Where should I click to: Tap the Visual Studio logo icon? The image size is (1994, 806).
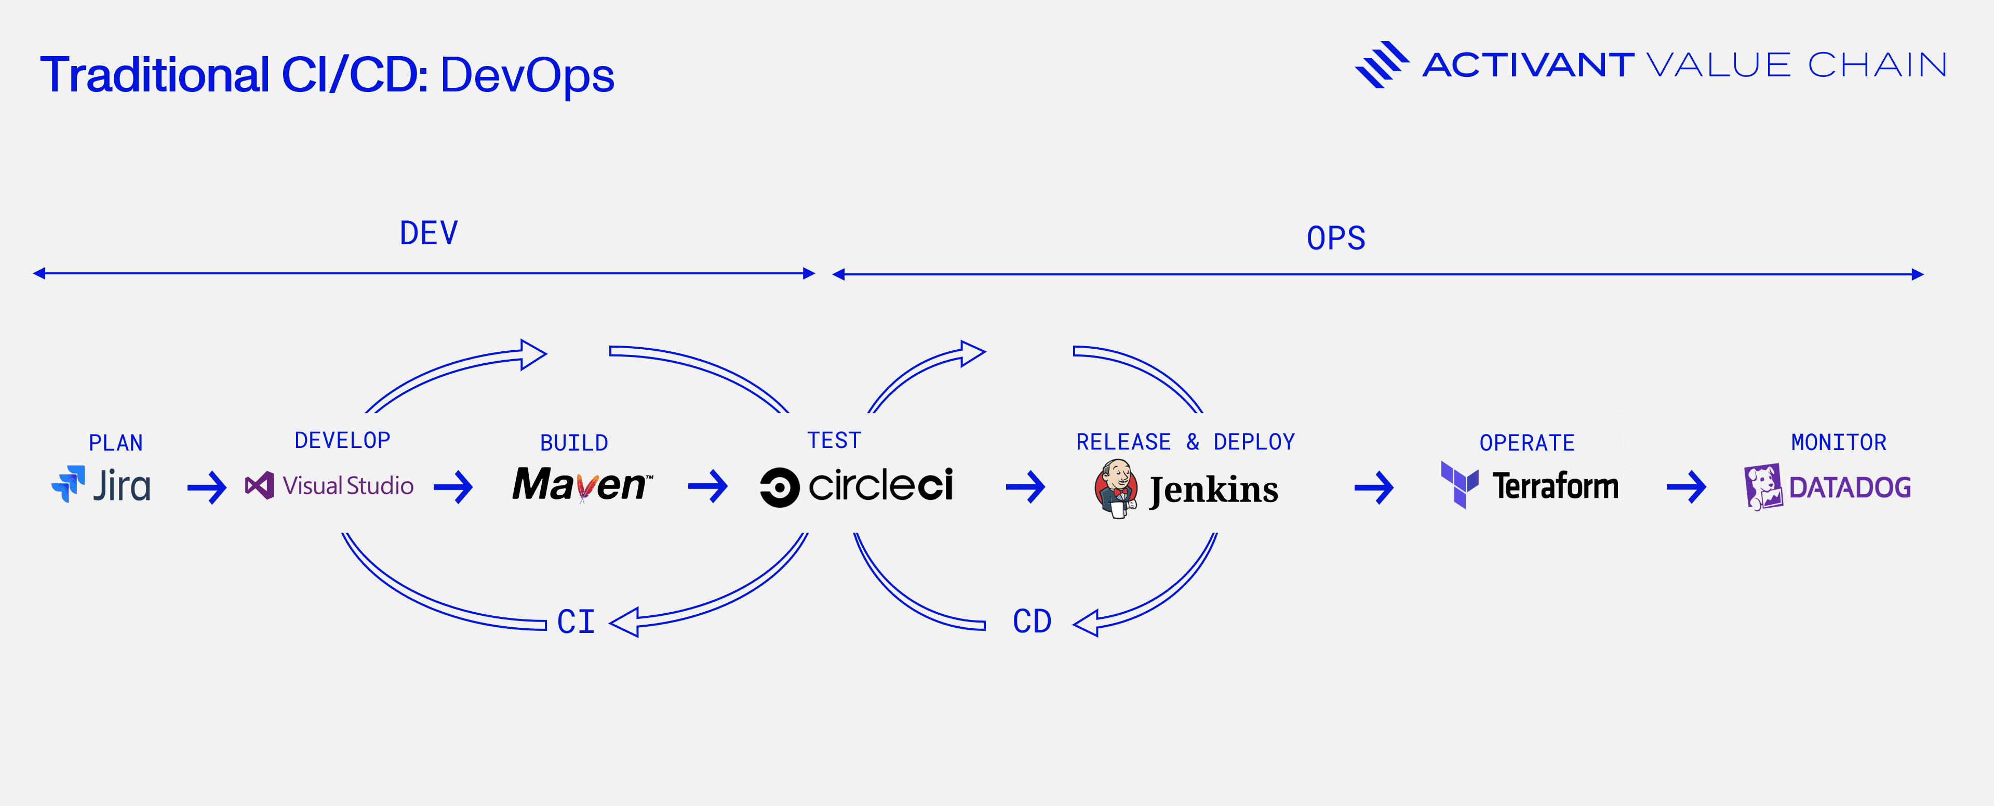click(x=259, y=485)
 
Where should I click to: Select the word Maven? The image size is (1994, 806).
click(x=581, y=485)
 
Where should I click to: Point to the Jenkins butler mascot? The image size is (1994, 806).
click(x=1116, y=488)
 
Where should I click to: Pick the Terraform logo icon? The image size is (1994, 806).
click(x=1459, y=485)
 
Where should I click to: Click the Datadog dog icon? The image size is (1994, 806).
click(x=1762, y=487)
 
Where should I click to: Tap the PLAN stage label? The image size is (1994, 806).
click(x=116, y=443)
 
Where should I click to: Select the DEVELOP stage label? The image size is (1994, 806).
click(x=342, y=441)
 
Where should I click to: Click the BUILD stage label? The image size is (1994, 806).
click(x=573, y=443)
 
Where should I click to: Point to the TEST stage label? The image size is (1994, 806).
click(x=834, y=441)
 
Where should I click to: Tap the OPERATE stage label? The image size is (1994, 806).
click(x=1527, y=443)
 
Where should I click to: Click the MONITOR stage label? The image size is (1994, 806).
click(x=1838, y=442)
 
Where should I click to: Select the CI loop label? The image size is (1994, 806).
click(x=576, y=622)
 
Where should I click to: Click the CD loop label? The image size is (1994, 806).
click(x=1032, y=621)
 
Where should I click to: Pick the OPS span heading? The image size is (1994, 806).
click(x=1336, y=237)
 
